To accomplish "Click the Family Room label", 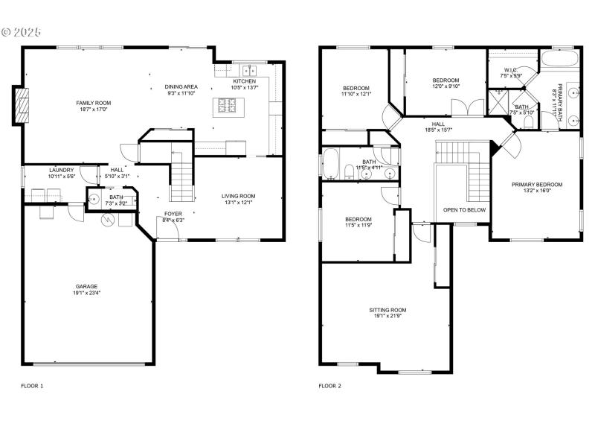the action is coord(93,102).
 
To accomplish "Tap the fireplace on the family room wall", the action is coord(22,104).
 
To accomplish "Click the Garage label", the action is coord(86,286).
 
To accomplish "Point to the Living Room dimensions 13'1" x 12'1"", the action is coord(239,203).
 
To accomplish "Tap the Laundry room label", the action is coord(61,170).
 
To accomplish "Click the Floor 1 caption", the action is coord(32,386).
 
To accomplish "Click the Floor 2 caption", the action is coord(329,386).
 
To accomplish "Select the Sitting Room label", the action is coord(387,310).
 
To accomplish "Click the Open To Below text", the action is coord(464,210).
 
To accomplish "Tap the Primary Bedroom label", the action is coord(536,185).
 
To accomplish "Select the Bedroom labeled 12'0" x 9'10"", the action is coord(446,80).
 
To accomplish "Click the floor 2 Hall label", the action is coord(439,124).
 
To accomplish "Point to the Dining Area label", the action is coord(181,86).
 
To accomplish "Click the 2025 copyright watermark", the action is coord(22,32).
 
